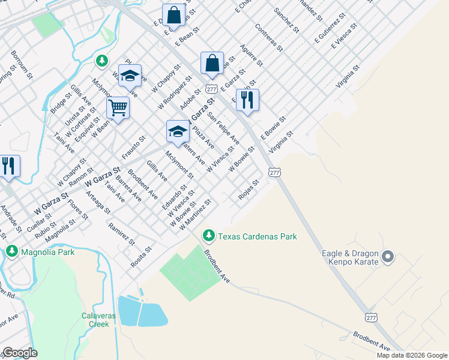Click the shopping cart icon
pos(118,108)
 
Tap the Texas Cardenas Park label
pos(257,236)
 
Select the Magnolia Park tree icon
pos(12,251)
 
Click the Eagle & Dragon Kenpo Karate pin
pos(388,257)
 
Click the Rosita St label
pos(142,256)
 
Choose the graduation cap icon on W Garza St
pos(178,131)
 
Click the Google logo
pos(19,353)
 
